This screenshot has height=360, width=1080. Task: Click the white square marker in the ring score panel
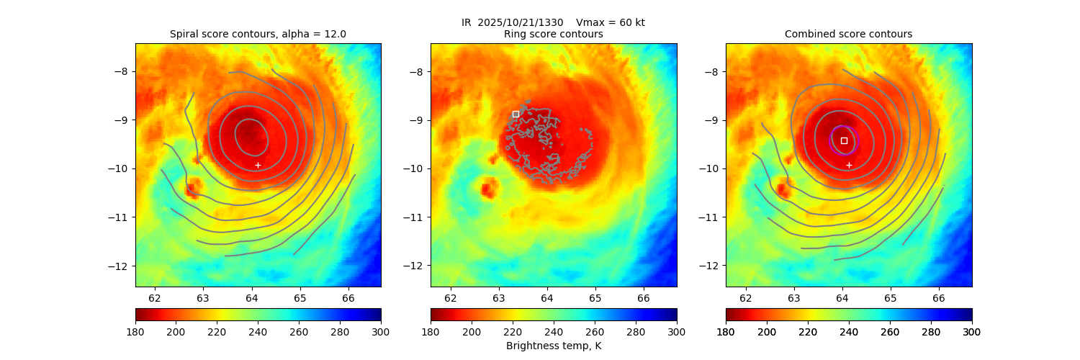(516, 114)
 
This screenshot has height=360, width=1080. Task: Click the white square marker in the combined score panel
(844, 140)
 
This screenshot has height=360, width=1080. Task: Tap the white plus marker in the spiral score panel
(258, 165)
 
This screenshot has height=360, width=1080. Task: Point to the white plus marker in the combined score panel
(849, 165)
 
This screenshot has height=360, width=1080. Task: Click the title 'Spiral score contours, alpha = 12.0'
(258, 34)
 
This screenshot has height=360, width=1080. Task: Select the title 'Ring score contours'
(553, 34)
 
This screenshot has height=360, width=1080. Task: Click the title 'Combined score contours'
(848, 34)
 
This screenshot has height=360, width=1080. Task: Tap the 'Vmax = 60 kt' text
(611, 22)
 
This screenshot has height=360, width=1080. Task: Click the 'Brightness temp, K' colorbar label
(553, 346)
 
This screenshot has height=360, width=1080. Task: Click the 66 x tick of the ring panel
(644, 297)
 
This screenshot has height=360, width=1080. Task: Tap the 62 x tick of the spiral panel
(155, 297)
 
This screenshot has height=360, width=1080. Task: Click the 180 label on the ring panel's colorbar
(431, 331)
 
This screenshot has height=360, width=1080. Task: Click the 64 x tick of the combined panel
(842, 297)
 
